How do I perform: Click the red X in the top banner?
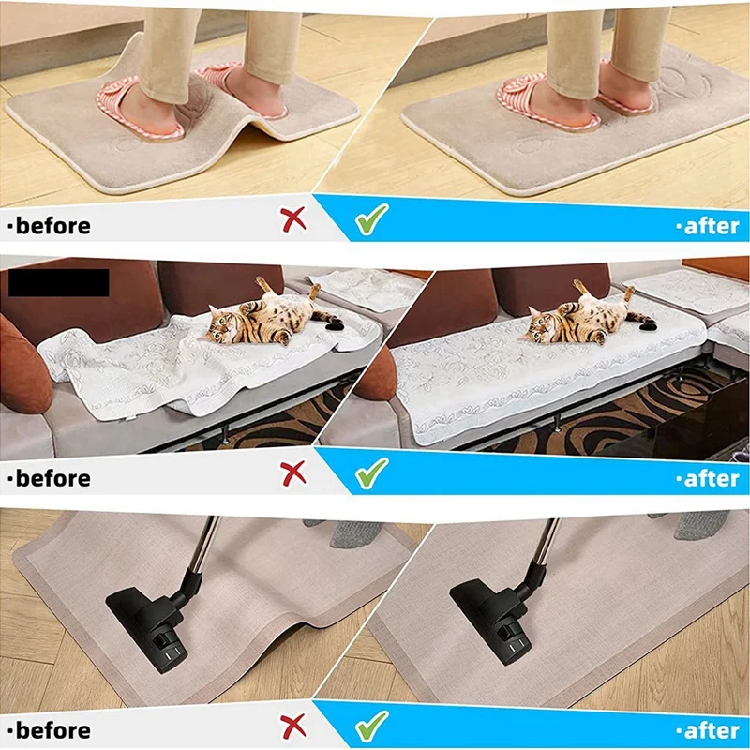coord(293,220)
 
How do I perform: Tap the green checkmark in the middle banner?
coord(371,472)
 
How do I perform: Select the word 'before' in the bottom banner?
coord(53,730)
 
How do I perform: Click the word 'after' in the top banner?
coord(712,226)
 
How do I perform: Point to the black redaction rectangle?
coord(59,283)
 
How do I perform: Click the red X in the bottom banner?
coord(293,726)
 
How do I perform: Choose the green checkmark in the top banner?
coord(371,219)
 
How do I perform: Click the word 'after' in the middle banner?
coord(712,479)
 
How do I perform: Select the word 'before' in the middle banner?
coord(53,478)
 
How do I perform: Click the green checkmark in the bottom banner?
coord(371,726)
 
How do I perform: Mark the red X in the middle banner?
coord(293,473)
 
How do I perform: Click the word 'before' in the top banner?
coord(53,226)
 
